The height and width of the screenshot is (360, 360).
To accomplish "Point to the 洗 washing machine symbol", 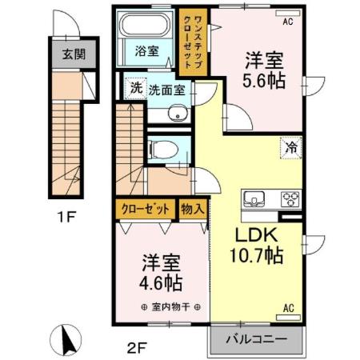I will (x=136, y=88).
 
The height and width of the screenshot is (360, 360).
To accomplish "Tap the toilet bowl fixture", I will (x=160, y=150).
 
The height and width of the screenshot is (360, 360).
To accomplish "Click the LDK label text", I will (x=257, y=236).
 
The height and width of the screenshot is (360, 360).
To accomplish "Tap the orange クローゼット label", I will (x=145, y=209).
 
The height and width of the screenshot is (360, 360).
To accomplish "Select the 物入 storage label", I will (x=194, y=209).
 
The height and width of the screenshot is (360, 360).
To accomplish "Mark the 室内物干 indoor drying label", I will (x=170, y=306).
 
